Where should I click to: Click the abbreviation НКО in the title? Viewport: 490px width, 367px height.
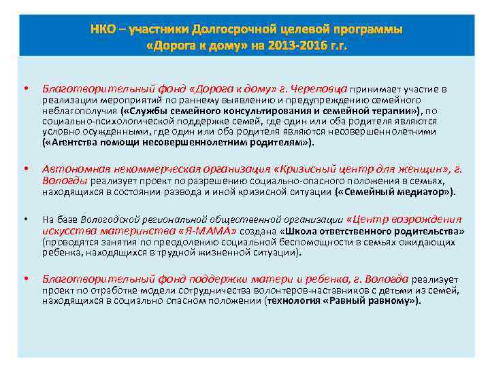pos(103,30)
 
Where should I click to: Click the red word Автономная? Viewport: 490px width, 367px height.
pos(71,169)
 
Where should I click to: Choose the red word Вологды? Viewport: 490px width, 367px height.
pos(63,181)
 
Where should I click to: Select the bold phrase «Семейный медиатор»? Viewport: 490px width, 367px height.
pos(394,192)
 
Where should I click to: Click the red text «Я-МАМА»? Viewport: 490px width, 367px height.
pos(203,231)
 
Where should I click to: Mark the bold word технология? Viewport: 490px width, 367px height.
pos(299,301)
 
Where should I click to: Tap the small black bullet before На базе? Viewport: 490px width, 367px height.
pos(26,220)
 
